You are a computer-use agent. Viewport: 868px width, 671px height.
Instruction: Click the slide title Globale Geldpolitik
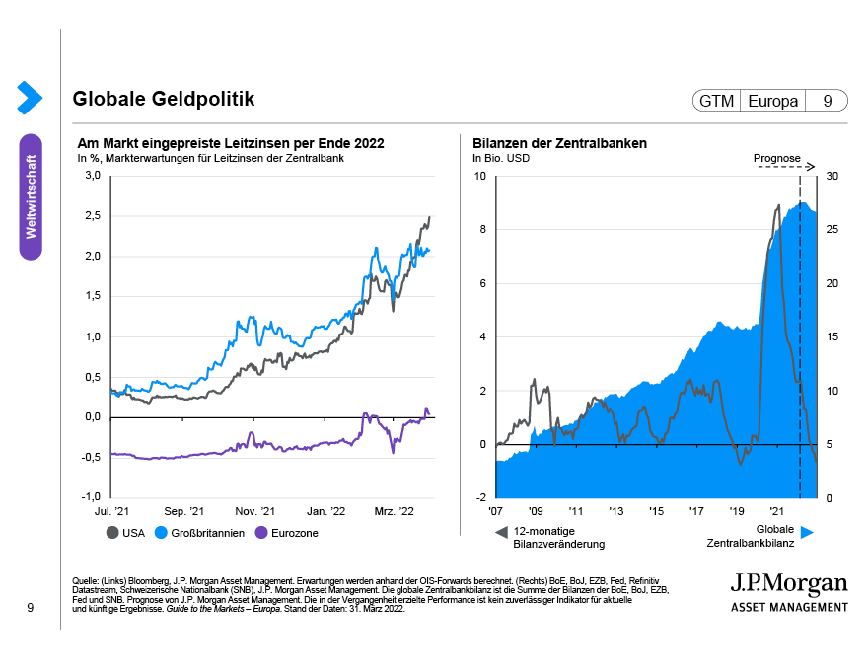click(163, 100)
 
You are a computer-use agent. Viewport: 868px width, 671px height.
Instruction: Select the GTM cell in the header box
click(716, 101)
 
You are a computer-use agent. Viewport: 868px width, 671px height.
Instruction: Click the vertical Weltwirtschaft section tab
click(31, 196)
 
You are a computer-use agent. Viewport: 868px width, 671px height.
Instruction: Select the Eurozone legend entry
click(287, 533)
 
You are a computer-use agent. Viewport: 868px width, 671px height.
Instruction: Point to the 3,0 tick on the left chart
click(93, 176)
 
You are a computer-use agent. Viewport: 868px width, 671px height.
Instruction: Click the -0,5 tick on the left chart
click(91, 457)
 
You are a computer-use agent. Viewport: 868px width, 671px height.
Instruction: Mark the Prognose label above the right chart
click(776, 157)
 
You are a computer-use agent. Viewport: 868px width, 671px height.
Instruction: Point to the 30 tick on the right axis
click(832, 176)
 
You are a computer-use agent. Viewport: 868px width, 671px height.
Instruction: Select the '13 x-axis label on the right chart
click(615, 512)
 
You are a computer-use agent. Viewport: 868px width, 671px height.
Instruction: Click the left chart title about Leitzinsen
click(230, 144)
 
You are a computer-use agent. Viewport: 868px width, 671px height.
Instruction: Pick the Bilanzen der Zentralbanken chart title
click(559, 144)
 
